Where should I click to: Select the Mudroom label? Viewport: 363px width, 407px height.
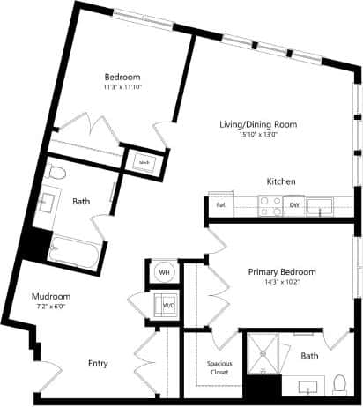pos(51,296)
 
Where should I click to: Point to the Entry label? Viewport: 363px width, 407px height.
pos(98,363)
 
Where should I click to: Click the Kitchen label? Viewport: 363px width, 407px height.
pos(280,181)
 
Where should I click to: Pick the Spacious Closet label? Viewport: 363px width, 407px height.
pos(219,367)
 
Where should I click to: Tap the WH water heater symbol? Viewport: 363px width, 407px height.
pos(164,273)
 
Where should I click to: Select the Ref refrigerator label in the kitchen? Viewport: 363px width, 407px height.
pos(220,204)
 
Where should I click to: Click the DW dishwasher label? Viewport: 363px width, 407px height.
pos(294,205)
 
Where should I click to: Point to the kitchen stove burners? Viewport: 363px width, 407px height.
pos(269,205)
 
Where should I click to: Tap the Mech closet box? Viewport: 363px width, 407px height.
pos(143,162)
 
